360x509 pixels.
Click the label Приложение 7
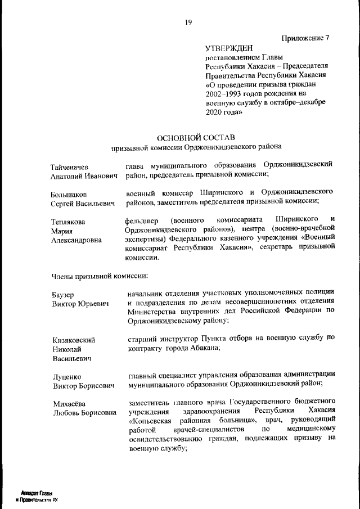305,38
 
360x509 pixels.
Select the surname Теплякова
69,222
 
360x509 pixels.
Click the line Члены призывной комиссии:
100,276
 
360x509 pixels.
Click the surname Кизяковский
74,340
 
